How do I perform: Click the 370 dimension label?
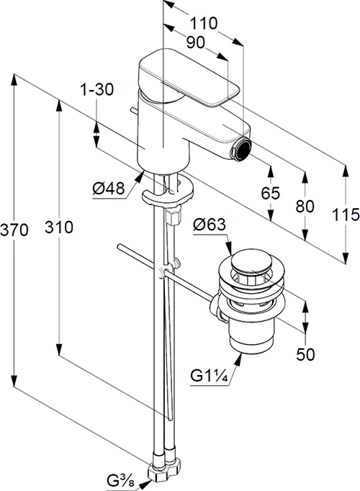point(14,230)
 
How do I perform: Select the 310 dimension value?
point(58,227)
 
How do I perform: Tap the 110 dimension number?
point(204,23)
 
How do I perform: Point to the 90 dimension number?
point(196,42)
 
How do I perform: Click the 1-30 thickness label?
point(96,90)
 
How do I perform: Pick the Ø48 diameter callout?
point(108,189)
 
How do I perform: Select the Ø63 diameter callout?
point(209,225)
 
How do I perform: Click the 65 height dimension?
point(271,193)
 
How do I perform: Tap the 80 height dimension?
point(305,207)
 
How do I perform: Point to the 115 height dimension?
point(346,215)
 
